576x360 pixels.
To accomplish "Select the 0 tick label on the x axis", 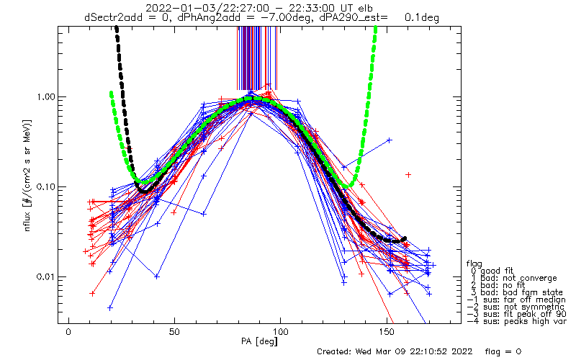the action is [x=68, y=332].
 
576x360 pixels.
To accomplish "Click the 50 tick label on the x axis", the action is [x=174, y=332].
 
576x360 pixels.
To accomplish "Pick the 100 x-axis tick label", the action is [x=280, y=332].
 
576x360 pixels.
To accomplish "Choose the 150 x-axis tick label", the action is [x=387, y=332].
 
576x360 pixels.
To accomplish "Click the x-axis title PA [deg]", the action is [x=259, y=341].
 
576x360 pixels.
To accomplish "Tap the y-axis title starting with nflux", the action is [x=27, y=175].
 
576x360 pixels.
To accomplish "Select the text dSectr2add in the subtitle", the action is [x=112, y=17].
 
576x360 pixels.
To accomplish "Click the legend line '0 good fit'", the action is [x=492, y=271].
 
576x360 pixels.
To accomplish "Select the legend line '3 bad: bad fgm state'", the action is [x=517, y=292].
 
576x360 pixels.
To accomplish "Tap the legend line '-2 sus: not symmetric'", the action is [x=516, y=307].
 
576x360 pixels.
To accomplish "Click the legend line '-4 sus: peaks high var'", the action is [x=516, y=321].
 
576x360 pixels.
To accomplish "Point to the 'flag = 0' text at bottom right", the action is [x=503, y=351].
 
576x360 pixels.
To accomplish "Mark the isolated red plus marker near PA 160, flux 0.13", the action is [x=408, y=175].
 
